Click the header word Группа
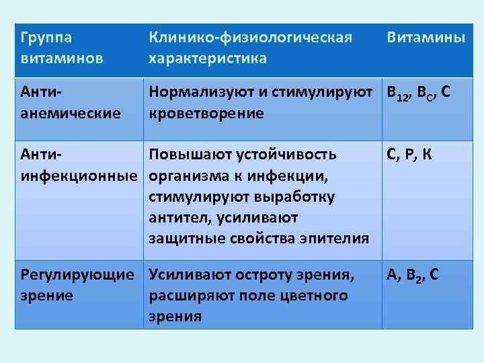tap(46, 38)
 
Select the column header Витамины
tap(425, 38)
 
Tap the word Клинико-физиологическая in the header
tap(250, 38)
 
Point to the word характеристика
tap(208, 58)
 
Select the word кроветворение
tap(206, 112)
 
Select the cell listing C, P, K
tap(409, 155)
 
